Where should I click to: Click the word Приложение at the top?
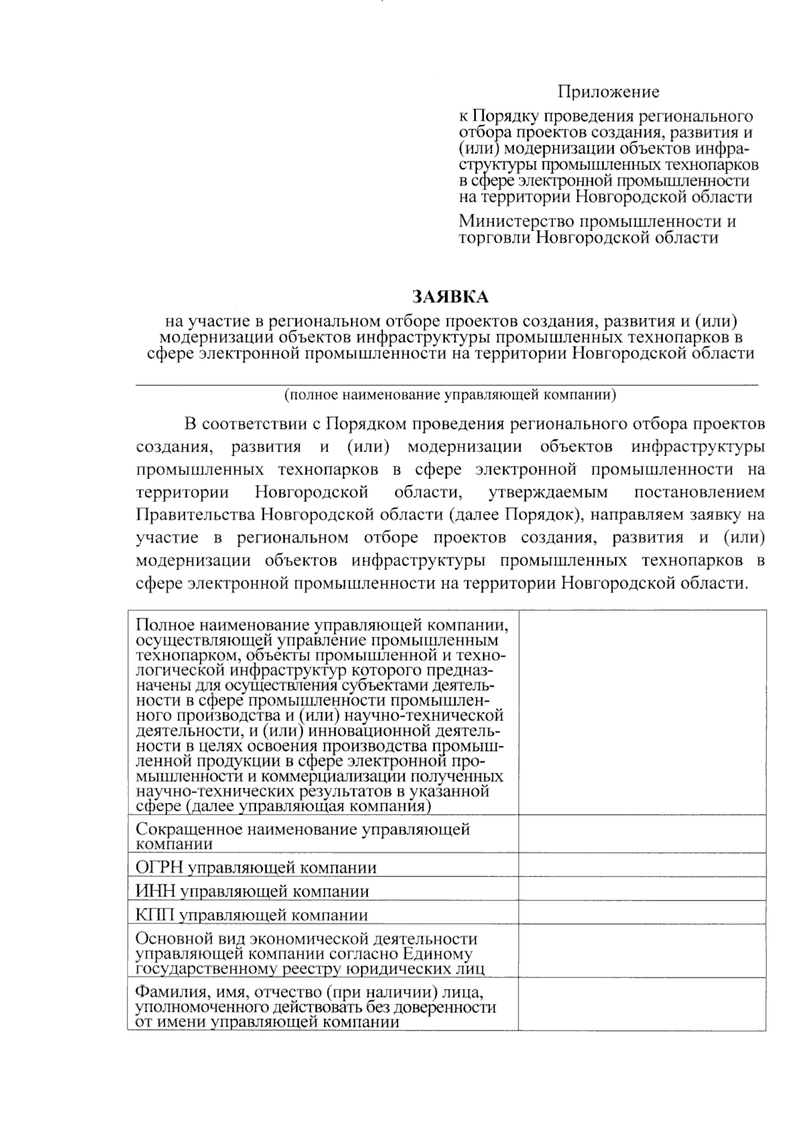coord(609,92)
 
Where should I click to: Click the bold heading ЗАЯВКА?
coord(450,296)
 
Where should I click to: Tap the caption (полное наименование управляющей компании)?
coord(450,395)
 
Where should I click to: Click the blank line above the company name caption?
coord(447,383)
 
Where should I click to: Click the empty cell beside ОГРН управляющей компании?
coord(642,865)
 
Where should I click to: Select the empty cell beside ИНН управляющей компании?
coord(642,889)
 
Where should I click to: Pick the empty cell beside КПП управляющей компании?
coord(642,913)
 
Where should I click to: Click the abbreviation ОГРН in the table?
coord(159,868)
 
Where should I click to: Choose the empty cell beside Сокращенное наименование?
coord(642,834)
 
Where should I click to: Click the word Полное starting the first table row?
coord(161,626)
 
